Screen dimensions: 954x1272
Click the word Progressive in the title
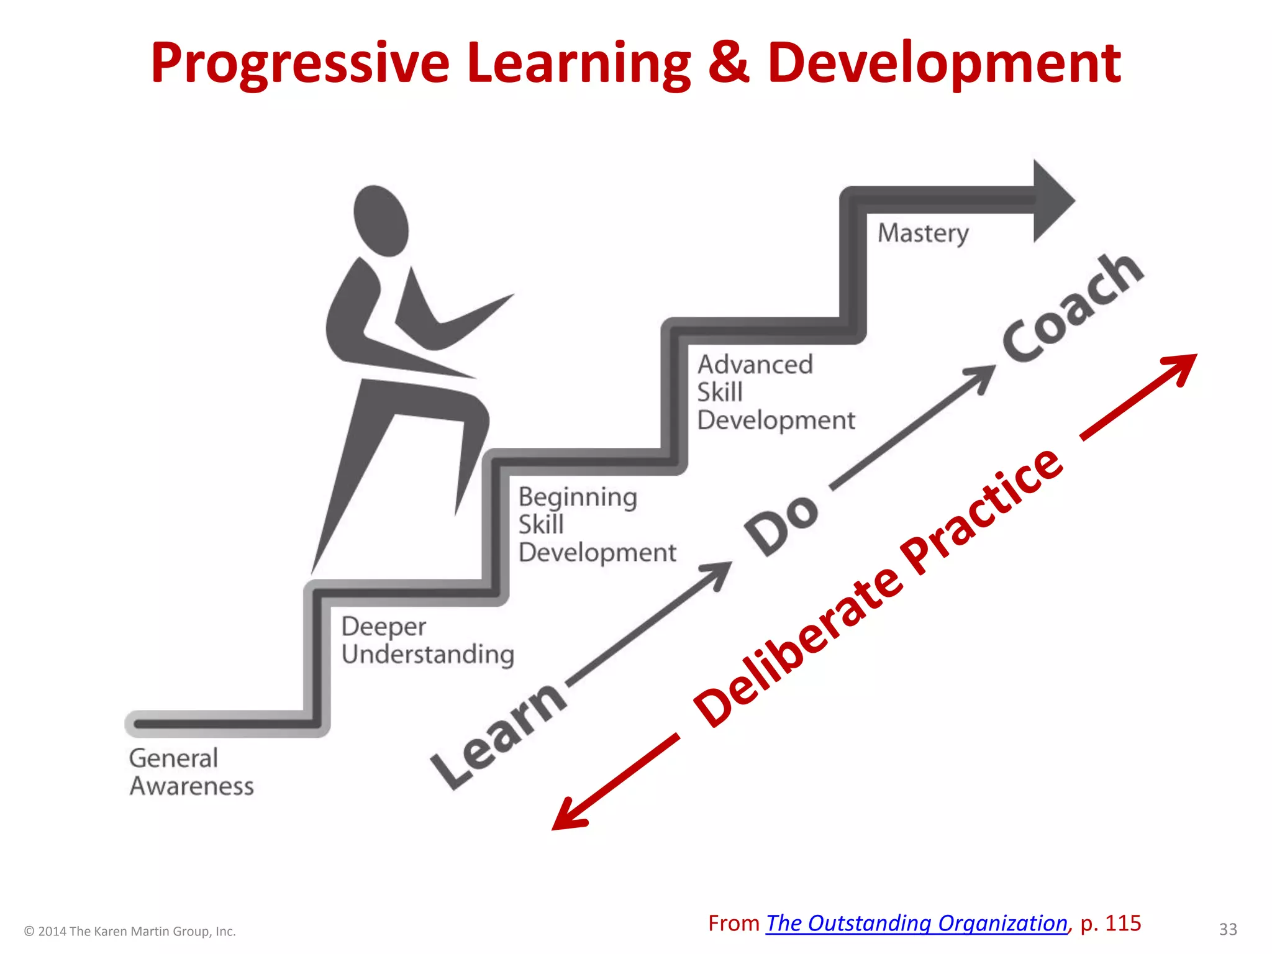[x=300, y=63]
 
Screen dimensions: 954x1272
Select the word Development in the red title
[x=944, y=63]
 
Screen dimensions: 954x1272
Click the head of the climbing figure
[x=381, y=220]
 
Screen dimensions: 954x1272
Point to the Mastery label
[x=923, y=234]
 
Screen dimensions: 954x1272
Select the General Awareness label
[x=191, y=772]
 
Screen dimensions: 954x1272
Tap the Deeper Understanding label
[x=427, y=640]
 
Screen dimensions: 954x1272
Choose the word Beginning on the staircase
[x=578, y=497]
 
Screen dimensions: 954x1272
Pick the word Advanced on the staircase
[x=755, y=365]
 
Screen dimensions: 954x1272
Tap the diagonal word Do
[x=782, y=525]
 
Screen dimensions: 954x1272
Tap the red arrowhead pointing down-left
[x=566, y=817]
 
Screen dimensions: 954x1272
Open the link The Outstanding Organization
[x=916, y=924]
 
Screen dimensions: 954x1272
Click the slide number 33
[x=1228, y=929]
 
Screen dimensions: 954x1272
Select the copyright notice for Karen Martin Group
[x=130, y=931]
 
